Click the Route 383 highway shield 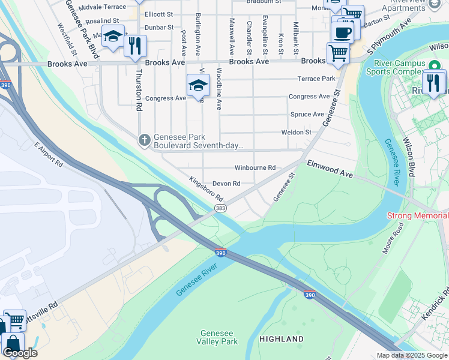tap(220, 208)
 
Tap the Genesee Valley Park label tap(219, 337)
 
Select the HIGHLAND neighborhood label tap(282, 339)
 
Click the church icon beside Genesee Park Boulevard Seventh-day tap(144, 140)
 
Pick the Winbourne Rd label tap(255, 168)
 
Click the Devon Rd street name tap(226, 184)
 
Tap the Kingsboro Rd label tap(206, 188)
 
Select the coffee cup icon tap(343, 32)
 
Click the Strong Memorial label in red tap(417, 215)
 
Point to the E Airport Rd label tap(49, 155)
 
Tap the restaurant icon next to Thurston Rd tap(135, 46)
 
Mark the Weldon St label tap(297, 132)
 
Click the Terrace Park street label tap(316, 79)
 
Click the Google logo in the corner tap(20, 353)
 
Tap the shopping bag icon tap(11, 344)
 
